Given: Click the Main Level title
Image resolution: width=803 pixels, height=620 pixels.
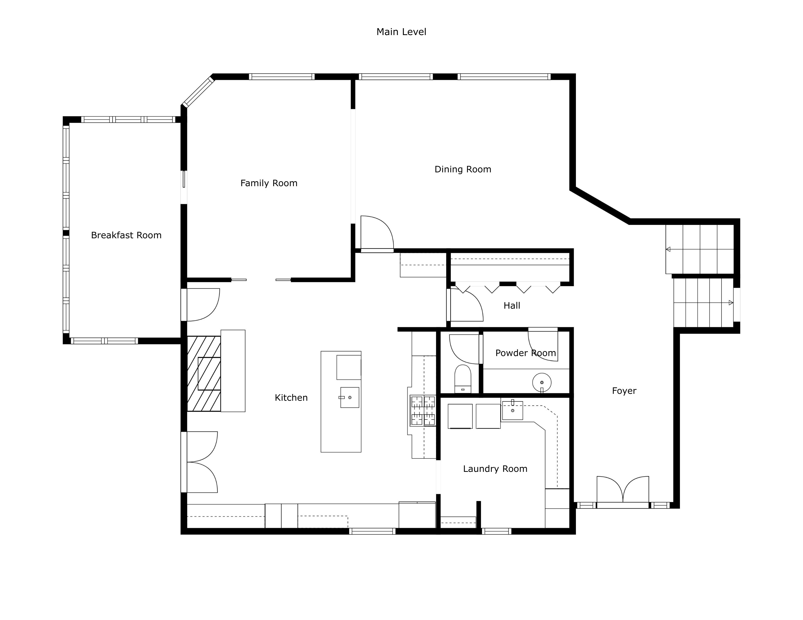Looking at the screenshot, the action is click(401, 32).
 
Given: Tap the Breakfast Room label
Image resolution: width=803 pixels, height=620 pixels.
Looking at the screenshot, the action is click(126, 235).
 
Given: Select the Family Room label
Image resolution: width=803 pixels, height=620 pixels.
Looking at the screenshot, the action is click(269, 183).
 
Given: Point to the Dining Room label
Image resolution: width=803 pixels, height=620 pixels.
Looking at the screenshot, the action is click(463, 169).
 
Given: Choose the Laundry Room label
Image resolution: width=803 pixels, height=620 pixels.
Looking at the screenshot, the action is click(495, 469).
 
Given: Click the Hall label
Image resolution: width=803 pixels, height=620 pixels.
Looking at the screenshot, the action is click(512, 306).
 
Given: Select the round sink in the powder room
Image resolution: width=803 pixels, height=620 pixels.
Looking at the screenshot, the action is click(542, 382).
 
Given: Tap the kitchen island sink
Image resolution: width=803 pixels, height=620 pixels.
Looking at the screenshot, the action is click(349, 397).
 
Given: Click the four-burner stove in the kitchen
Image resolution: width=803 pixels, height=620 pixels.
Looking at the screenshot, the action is click(423, 411).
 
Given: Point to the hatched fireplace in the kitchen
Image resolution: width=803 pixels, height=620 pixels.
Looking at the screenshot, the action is click(204, 373).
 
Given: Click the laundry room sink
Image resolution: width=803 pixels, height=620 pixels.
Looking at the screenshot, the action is click(512, 410).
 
